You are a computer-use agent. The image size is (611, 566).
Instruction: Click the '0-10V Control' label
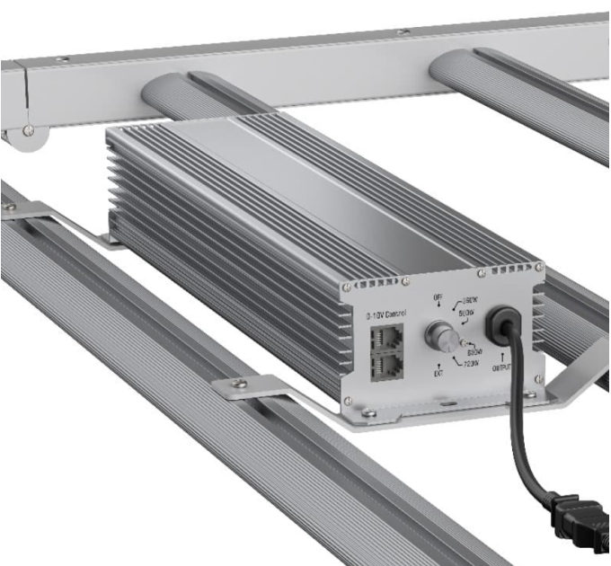(x=386, y=314)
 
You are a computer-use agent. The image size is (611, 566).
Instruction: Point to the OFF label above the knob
(x=438, y=299)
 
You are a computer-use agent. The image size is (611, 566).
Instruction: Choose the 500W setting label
(x=467, y=314)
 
